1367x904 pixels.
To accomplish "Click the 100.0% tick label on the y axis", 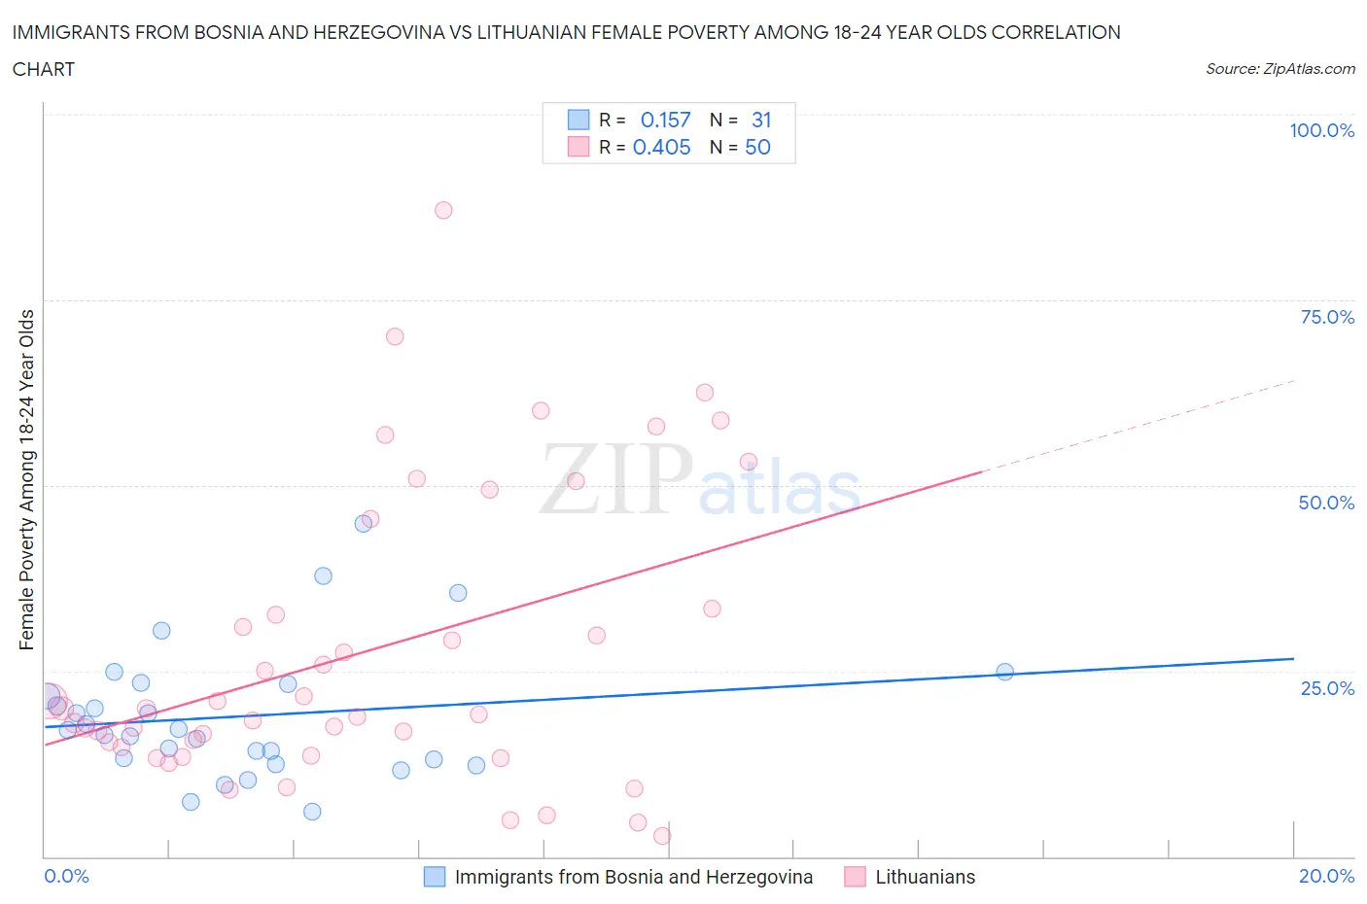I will (x=1321, y=130).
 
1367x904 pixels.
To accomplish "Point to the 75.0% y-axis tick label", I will (x=1326, y=317).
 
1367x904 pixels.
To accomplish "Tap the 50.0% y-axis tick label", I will (x=1326, y=503).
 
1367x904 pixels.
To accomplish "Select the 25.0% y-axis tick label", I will (x=1326, y=688).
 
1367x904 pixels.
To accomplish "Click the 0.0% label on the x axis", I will (x=66, y=876).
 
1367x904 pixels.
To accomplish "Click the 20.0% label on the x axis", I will (x=1326, y=876).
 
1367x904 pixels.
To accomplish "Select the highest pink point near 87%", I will (x=443, y=210).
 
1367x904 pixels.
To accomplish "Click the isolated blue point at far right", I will (x=1004, y=672).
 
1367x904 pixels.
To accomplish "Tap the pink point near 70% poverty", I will (x=395, y=336).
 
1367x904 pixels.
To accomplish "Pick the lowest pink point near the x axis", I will (x=662, y=836).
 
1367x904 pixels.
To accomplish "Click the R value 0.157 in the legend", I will (x=665, y=120).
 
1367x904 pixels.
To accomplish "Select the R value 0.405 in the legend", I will (x=661, y=147).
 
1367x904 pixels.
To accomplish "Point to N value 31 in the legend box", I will (x=761, y=120).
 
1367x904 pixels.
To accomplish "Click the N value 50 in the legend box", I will (x=757, y=147).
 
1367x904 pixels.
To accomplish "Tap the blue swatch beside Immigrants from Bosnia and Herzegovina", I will (x=435, y=877).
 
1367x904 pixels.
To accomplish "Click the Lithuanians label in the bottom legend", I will (x=925, y=877).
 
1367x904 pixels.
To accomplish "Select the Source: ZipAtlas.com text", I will (x=1279, y=68).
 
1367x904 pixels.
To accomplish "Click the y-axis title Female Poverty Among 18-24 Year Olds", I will (x=26, y=479).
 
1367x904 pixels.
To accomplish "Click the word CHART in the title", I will (x=44, y=69).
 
